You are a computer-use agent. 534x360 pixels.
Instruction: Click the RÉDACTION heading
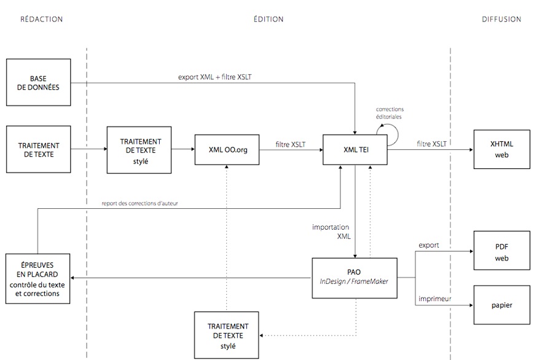[42, 19]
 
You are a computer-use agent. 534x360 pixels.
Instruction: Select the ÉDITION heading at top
[269, 19]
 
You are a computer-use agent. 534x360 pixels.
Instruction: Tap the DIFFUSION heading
[501, 19]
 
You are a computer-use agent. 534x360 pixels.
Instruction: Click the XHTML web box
[501, 150]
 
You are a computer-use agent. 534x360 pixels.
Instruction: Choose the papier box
[501, 305]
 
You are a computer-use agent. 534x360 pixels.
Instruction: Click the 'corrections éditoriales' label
[390, 113]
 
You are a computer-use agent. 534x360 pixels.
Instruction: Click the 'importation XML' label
[331, 231]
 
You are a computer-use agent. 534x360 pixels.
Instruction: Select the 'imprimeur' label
[435, 299]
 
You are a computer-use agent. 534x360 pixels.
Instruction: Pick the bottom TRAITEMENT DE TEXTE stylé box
[227, 335]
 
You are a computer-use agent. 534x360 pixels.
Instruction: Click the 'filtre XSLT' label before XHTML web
[431, 144]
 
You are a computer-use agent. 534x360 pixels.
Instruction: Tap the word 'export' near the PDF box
[428, 245]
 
